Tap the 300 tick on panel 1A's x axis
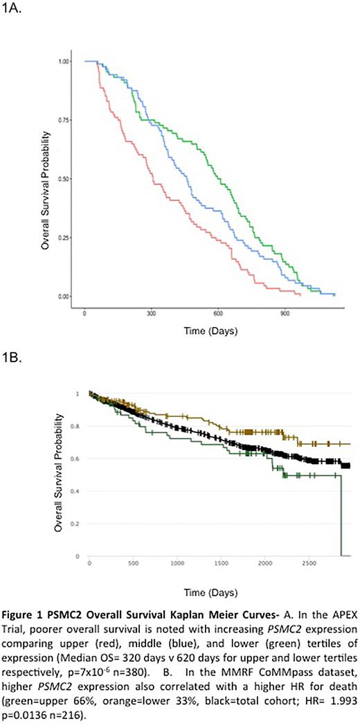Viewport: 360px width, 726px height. [151, 312]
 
